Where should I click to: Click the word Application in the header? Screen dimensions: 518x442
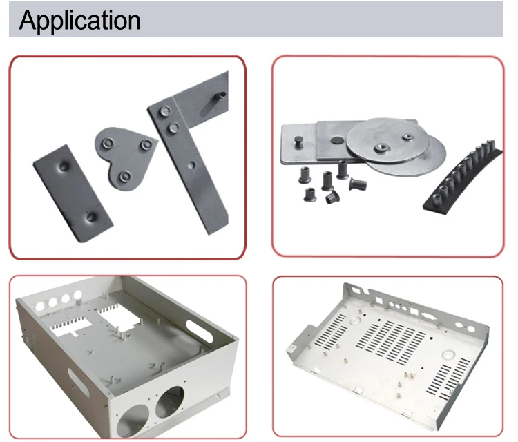[x=79, y=21]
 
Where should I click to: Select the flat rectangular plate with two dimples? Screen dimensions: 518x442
[x=73, y=193]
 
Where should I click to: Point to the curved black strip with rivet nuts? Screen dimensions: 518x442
[x=463, y=178]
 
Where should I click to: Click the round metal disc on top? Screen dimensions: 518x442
[x=387, y=140]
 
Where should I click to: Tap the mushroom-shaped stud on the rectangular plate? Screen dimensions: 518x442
[x=300, y=142]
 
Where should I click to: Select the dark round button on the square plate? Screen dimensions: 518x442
[x=337, y=140]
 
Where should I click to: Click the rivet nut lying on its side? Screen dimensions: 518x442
[x=358, y=184]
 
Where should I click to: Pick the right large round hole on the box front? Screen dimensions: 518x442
[x=170, y=402]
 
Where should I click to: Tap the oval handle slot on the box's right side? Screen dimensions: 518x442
[x=199, y=331]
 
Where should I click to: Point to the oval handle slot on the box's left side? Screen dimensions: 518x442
[x=77, y=382]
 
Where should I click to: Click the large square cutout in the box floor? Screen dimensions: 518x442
[x=119, y=316]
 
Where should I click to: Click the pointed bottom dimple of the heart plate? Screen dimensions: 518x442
[x=124, y=177]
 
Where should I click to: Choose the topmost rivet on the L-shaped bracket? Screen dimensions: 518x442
[x=164, y=111]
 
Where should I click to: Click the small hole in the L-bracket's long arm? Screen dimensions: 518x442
[x=191, y=165]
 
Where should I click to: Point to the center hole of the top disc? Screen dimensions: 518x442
[x=381, y=147]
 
